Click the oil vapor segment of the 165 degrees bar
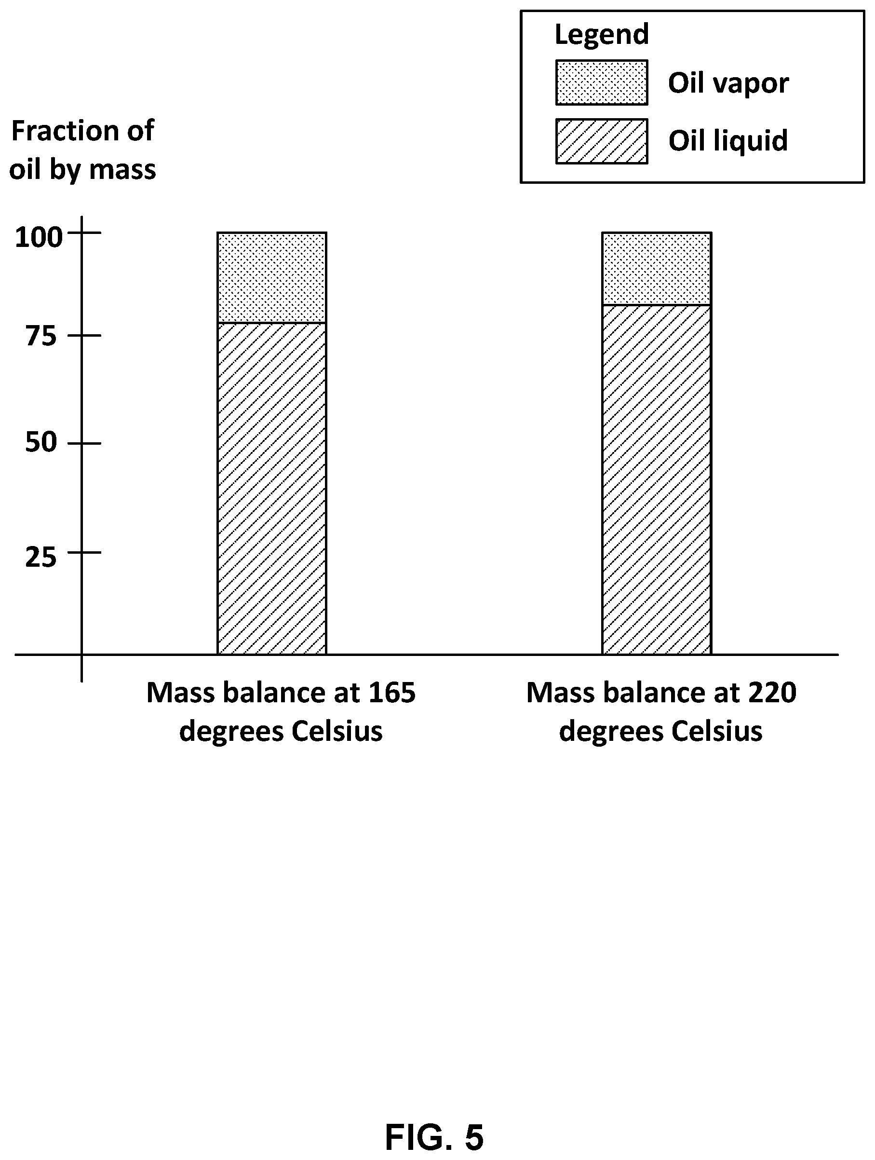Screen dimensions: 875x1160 click(271, 277)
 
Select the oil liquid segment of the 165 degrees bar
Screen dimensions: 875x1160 click(271, 488)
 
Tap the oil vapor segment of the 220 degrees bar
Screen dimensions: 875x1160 click(657, 269)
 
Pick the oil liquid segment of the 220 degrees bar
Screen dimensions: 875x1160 click(657, 479)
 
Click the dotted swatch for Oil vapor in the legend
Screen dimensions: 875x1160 click(601, 82)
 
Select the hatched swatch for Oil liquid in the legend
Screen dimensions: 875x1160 click(601, 141)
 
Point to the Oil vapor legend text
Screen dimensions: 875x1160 click(728, 83)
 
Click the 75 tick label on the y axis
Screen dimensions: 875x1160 click(41, 337)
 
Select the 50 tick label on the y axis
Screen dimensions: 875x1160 click(41, 443)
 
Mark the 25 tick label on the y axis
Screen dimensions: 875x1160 click(41, 558)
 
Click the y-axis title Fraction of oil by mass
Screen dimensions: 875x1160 click(83, 150)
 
